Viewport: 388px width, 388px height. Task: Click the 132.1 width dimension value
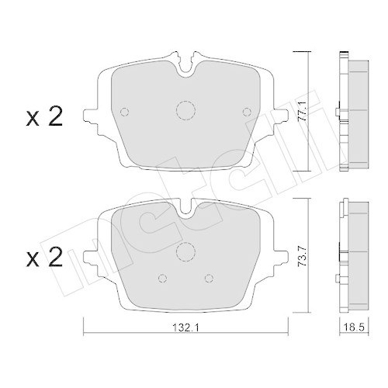click(185, 328)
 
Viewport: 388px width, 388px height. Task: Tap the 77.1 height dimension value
click(302, 111)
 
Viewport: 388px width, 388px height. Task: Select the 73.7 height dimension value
click(302, 256)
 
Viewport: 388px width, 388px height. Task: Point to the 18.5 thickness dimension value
click(354, 328)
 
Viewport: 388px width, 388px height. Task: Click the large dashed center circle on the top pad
click(185, 110)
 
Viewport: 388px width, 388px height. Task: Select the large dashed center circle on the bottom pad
click(185, 251)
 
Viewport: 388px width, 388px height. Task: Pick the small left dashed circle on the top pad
click(125, 112)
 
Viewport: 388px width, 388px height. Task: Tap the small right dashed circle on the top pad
click(247, 112)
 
